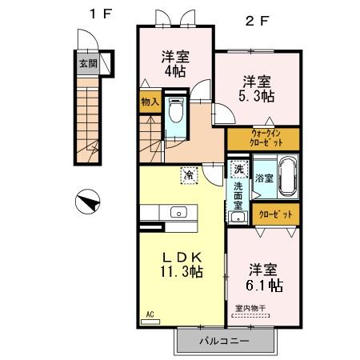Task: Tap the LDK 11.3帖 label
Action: [181, 265]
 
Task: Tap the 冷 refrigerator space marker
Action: [189, 174]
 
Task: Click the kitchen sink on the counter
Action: [178, 212]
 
